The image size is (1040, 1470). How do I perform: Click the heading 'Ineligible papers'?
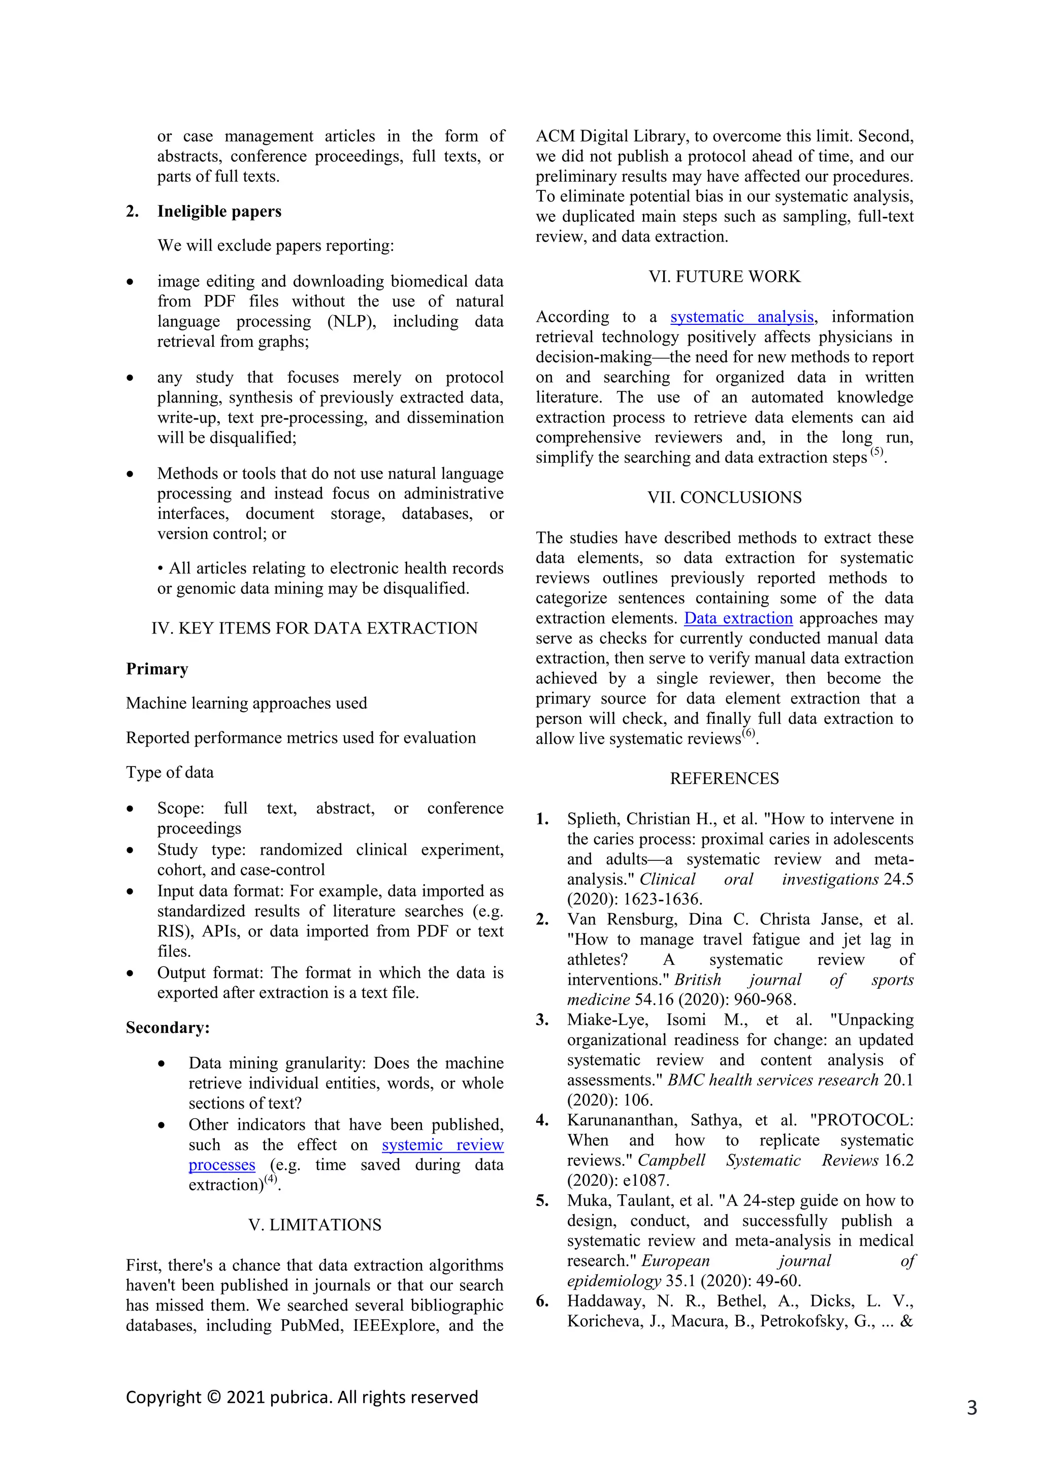pyautogui.click(x=219, y=211)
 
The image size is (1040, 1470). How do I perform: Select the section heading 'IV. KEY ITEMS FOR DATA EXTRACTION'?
pyautogui.click(x=314, y=628)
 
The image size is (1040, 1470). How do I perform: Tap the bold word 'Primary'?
pyautogui.click(x=157, y=669)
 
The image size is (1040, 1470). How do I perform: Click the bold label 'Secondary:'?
pyautogui.click(x=168, y=1027)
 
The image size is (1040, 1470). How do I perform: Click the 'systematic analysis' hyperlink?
pyautogui.click(x=741, y=317)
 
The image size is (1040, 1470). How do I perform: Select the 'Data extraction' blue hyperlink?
pyautogui.click(x=738, y=618)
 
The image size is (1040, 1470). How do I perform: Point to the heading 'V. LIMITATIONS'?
pyautogui.click(x=314, y=1225)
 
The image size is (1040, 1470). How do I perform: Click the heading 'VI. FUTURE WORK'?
pyautogui.click(x=724, y=277)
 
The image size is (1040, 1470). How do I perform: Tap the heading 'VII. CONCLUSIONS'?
pyautogui.click(x=724, y=497)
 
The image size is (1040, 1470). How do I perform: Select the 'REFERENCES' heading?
pyautogui.click(x=724, y=779)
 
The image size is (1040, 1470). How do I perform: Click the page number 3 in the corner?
pyautogui.click(x=971, y=1408)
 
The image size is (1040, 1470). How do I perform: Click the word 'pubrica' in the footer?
pyautogui.click(x=300, y=1397)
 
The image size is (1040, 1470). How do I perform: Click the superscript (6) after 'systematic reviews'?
pyautogui.click(x=749, y=733)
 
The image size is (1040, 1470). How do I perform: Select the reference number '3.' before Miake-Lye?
pyautogui.click(x=542, y=1020)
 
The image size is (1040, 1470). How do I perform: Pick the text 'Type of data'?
pyautogui.click(x=170, y=772)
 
